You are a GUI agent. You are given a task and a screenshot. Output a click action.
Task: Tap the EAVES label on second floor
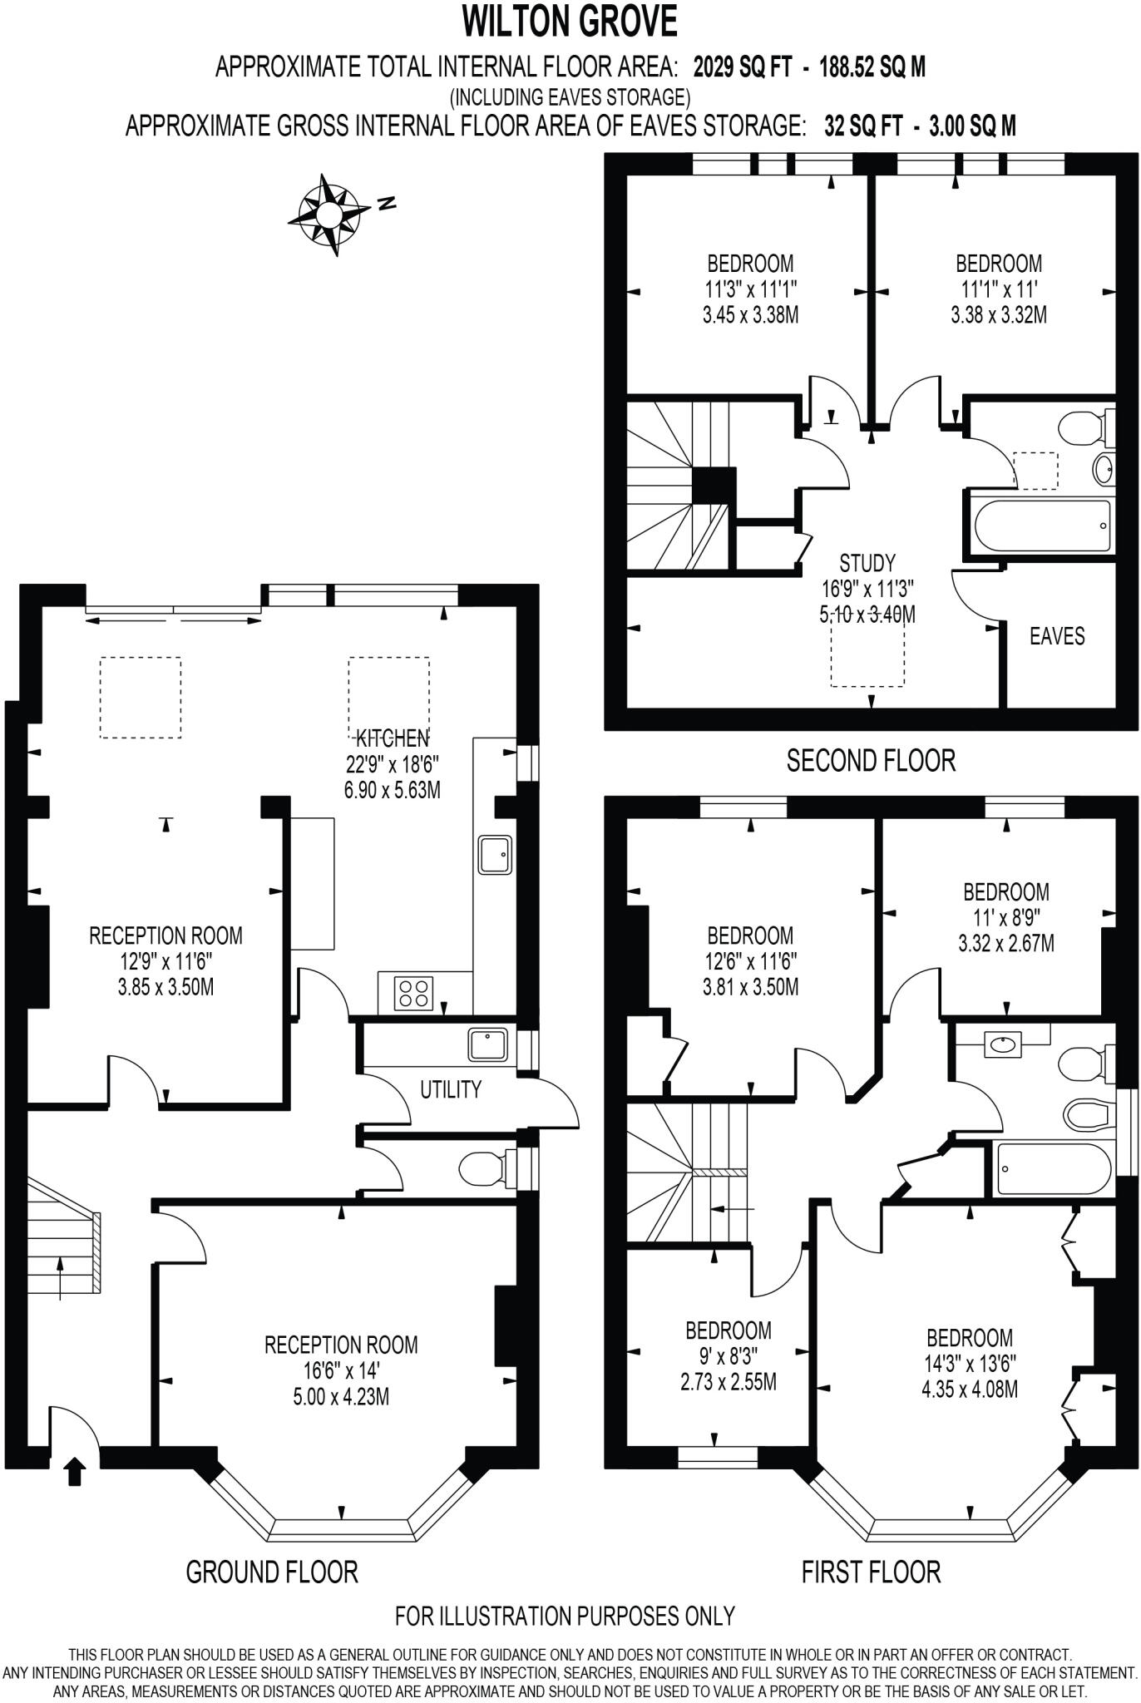pos(1057,637)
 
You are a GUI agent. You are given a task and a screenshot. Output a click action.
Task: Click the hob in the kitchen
pos(414,992)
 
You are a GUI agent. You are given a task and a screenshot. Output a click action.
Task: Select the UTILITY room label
pos(450,1089)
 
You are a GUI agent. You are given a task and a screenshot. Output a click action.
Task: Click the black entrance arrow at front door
pos(75,1472)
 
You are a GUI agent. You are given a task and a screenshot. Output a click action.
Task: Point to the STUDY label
pos(867,563)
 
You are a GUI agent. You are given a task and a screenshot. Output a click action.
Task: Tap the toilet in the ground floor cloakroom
pos(481,1169)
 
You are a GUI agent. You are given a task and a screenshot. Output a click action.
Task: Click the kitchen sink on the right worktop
pos(495,854)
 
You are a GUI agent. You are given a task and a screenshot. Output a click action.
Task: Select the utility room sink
pos(488,1045)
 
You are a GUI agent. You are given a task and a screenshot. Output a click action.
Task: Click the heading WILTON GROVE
pos(570,21)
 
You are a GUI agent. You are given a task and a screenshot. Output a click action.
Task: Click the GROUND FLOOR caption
pos(271,1572)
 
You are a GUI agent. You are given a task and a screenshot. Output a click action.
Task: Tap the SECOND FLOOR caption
pos(871,760)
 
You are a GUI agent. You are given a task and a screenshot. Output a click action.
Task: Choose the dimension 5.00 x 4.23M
pos(341,1397)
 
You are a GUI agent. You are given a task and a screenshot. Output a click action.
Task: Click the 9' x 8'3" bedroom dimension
pos(728,1356)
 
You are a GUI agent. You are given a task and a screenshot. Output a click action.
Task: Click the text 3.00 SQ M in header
pos(972,126)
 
